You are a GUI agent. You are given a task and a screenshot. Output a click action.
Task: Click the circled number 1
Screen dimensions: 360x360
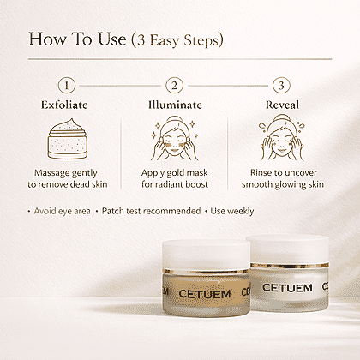click(67, 86)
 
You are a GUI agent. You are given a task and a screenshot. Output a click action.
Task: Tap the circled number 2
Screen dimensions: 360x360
click(174, 86)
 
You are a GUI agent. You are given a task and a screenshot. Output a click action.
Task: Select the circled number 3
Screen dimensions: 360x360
click(281, 86)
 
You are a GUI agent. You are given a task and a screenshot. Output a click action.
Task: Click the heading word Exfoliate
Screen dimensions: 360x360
click(64, 105)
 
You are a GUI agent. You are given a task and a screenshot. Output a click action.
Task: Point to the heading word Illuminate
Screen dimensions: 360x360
click(175, 105)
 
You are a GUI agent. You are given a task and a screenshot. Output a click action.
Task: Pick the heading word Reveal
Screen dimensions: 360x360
click(282, 105)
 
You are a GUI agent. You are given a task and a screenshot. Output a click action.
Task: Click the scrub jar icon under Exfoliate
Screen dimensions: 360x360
click(68, 139)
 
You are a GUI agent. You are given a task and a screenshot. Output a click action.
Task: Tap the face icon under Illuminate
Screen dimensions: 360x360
click(175, 138)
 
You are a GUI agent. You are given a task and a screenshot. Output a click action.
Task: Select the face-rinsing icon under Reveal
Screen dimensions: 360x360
click(282, 138)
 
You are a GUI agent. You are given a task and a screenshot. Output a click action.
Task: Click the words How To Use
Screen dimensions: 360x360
click(77, 39)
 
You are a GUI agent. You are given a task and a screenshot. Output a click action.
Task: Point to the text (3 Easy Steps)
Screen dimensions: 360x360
click(177, 40)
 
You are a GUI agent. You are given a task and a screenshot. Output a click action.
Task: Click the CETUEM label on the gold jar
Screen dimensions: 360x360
click(205, 294)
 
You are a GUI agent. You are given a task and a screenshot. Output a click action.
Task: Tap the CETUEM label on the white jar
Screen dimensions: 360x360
click(287, 288)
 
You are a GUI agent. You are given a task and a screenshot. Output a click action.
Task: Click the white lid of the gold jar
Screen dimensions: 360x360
click(206, 255)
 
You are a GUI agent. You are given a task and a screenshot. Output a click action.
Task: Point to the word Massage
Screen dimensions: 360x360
click(48, 173)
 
